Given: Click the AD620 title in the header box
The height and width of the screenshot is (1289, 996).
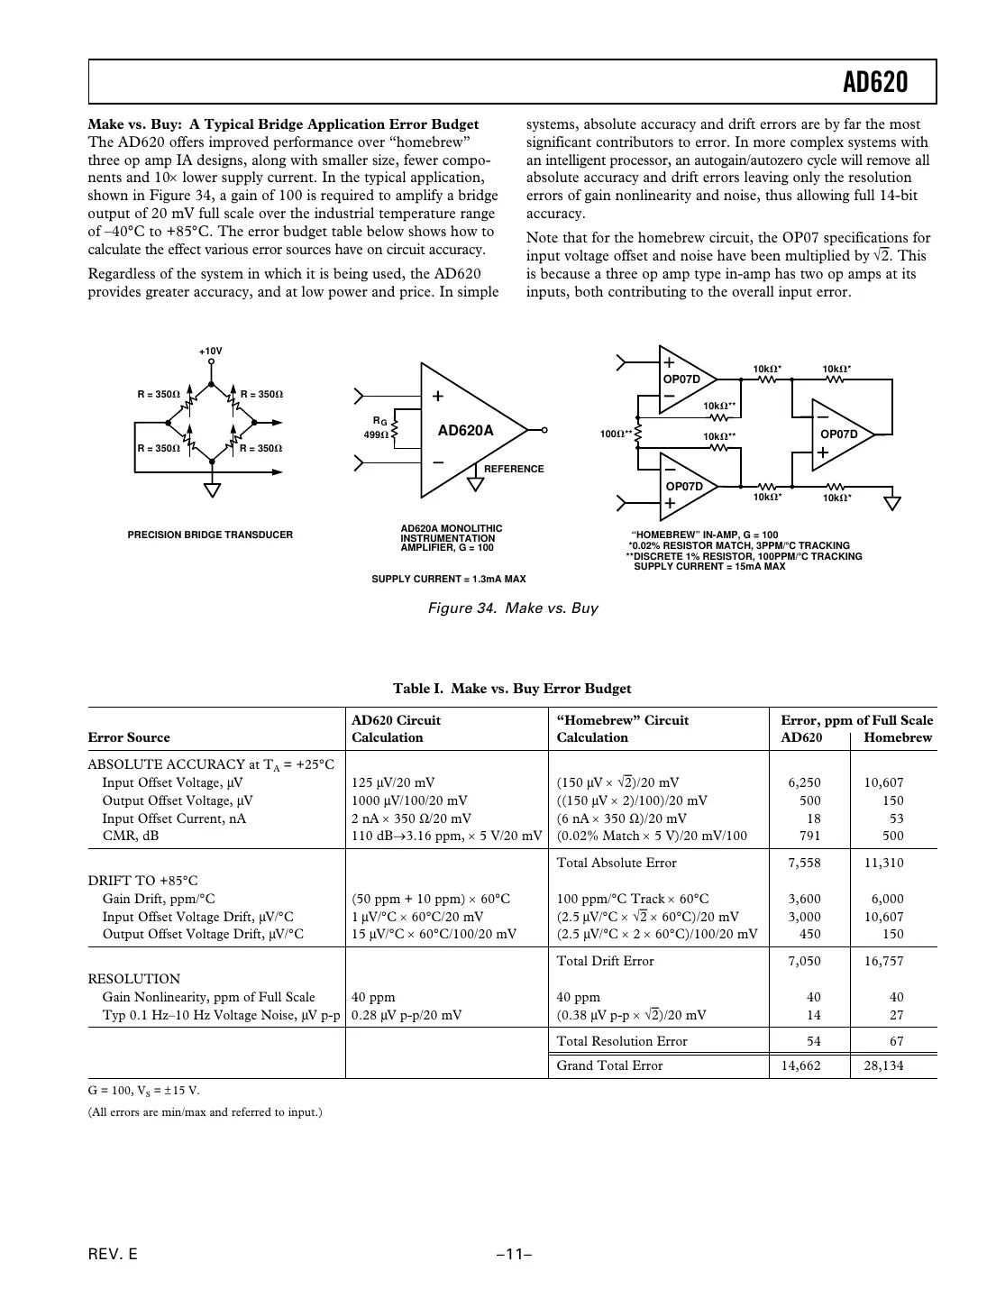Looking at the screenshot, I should (x=875, y=83).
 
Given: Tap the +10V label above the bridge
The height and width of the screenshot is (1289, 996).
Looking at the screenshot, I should (x=210, y=351).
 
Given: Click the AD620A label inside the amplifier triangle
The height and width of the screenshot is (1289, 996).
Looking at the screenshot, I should (x=465, y=430).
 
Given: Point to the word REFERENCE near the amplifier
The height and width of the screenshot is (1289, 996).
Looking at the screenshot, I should (x=514, y=469).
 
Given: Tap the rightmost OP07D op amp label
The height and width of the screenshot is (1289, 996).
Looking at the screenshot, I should (x=839, y=434).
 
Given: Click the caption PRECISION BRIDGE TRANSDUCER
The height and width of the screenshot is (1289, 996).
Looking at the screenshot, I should (x=210, y=535).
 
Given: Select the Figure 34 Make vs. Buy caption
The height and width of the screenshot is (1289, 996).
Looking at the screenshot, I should (x=512, y=608).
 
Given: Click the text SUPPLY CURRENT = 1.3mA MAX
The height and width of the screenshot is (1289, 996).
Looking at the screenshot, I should (x=448, y=579).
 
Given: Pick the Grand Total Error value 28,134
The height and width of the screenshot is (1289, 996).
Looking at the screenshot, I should (x=883, y=1065).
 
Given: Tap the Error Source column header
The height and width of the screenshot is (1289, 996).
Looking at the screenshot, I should (x=129, y=737).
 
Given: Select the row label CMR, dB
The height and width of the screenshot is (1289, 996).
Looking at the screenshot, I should (x=131, y=836).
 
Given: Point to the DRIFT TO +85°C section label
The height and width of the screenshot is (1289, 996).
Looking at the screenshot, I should (x=142, y=881).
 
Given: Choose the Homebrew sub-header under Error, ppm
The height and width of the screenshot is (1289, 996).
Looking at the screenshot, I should (x=898, y=737).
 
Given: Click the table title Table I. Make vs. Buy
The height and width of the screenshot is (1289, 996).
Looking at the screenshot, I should (x=512, y=689).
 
